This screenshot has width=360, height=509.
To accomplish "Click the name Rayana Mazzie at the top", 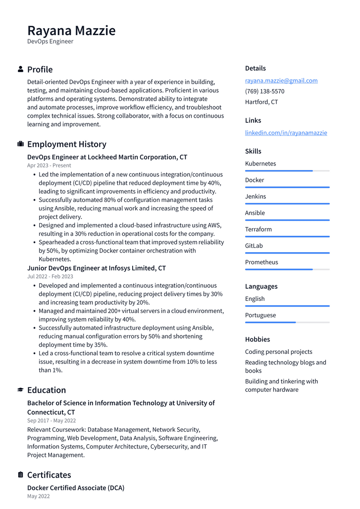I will tap(71, 30).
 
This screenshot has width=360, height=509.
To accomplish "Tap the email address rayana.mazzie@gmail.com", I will tap(281, 81).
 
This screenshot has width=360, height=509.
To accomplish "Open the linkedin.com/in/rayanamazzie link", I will tap(286, 133).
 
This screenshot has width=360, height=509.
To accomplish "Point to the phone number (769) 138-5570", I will tap(264, 91).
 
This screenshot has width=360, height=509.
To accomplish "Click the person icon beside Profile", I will tap(21, 69).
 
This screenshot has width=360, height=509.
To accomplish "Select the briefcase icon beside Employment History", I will tap(21, 144).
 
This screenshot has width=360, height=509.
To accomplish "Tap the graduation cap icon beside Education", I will tap(21, 390).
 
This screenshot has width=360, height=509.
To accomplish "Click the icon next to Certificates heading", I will tap(21, 475).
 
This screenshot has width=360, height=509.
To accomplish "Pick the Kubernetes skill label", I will tap(261, 164).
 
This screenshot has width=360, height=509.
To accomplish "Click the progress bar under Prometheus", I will tap(287, 269).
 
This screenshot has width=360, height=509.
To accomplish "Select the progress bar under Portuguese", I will tap(287, 322).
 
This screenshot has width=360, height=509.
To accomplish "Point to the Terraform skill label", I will tap(258, 229).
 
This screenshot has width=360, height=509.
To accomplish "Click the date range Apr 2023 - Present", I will tap(49, 165).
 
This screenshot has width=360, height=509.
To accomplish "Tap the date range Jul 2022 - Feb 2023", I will tap(50, 277).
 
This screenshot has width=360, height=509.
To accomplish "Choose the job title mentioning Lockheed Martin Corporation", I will tap(107, 157).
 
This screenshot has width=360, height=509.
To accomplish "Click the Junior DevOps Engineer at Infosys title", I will tap(97, 268).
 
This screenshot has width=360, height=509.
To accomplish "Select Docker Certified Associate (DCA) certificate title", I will tap(76, 488).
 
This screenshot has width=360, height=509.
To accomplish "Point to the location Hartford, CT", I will tap(262, 102).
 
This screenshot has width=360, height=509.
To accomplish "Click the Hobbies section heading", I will tap(257, 339).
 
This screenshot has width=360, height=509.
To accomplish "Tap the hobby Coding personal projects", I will tap(278, 352).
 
